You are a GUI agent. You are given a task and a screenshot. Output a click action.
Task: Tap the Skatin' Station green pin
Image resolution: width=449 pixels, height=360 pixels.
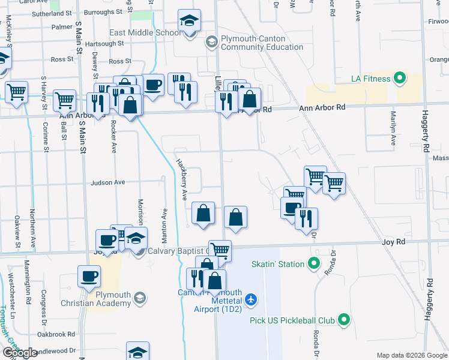313,263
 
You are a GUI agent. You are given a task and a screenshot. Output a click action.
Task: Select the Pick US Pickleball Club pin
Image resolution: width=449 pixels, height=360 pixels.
344,320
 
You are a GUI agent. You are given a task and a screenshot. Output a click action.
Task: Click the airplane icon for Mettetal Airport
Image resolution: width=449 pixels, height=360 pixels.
252,299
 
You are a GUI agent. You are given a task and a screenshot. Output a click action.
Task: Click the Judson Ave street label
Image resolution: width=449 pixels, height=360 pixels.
108,182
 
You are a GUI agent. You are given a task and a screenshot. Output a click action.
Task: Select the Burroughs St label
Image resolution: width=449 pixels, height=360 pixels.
103,11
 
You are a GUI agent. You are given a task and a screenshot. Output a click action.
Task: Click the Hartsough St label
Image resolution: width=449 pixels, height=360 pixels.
104,43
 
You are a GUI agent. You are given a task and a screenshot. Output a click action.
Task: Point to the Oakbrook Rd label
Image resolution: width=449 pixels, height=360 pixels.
55,334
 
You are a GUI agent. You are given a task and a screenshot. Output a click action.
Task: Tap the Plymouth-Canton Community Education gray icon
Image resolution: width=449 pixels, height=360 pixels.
211,41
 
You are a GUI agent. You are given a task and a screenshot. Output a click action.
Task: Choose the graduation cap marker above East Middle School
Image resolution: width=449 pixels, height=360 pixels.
190,23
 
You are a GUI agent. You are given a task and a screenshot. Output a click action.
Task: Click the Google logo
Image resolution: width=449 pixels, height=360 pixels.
20,353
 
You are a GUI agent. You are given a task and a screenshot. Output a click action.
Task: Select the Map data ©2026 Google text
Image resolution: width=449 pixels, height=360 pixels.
412,355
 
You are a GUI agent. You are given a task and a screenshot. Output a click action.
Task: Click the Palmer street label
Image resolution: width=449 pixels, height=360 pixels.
62,27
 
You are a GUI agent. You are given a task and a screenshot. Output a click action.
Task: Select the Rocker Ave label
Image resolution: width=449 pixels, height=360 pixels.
113,137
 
